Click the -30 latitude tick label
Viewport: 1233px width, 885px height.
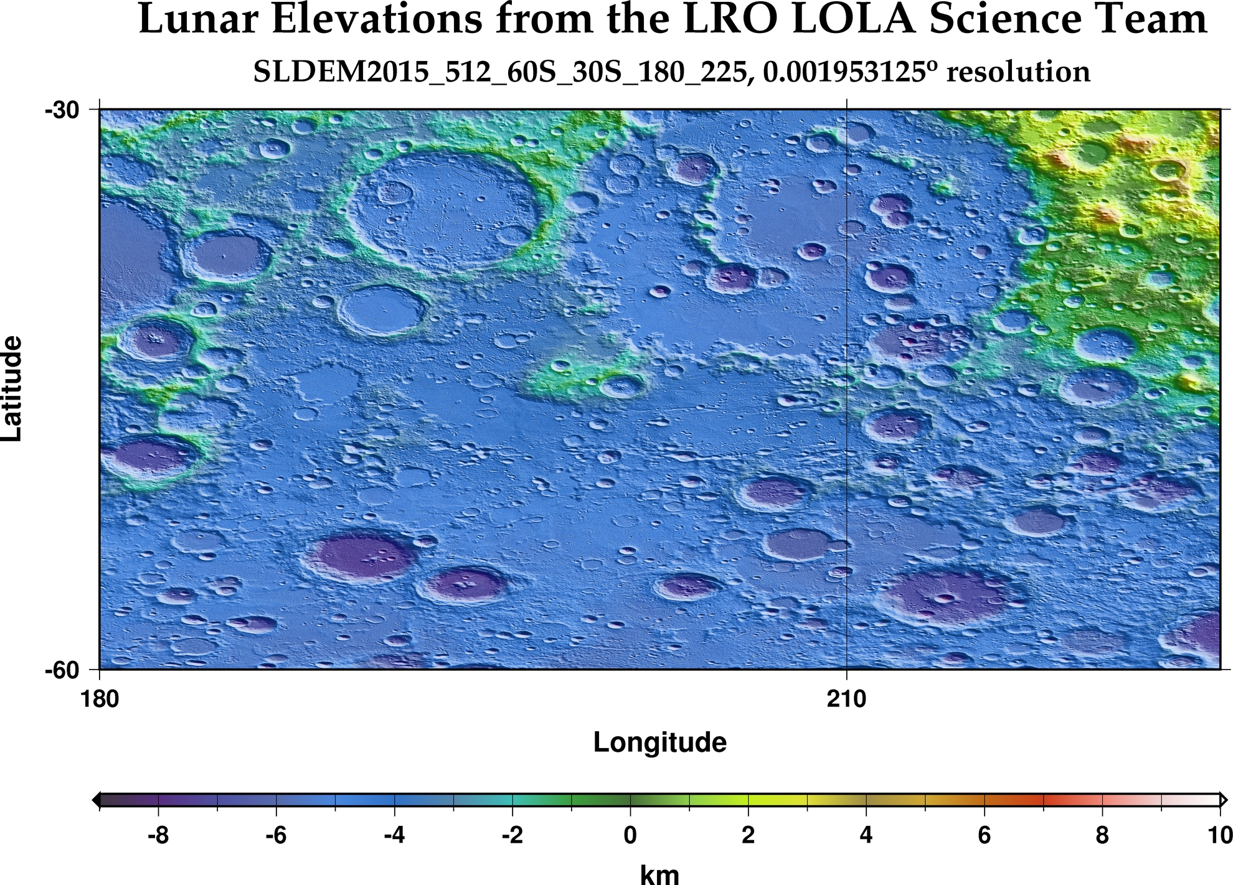[x=62, y=110]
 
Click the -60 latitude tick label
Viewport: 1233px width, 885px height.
[x=62, y=670]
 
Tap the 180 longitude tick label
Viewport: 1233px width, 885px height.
[x=100, y=700]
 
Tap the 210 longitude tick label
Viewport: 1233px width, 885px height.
[x=846, y=700]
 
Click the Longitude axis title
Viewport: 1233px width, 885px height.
[x=659, y=742]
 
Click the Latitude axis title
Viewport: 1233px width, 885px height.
[x=12, y=389]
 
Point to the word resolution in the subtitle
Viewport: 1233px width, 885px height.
[x=1018, y=72]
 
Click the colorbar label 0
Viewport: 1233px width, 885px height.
[x=630, y=835]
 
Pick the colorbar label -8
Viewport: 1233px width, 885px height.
[x=158, y=835]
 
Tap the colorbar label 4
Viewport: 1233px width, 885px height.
[x=866, y=835]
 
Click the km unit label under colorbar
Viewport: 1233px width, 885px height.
[x=659, y=874]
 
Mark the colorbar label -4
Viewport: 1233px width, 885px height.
[x=394, y=835]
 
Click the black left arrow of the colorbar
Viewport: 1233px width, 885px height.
[x=95, y=800]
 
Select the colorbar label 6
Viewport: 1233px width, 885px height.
[x=984, y=835]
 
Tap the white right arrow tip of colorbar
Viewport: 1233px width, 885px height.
[x=1224, y=800]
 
